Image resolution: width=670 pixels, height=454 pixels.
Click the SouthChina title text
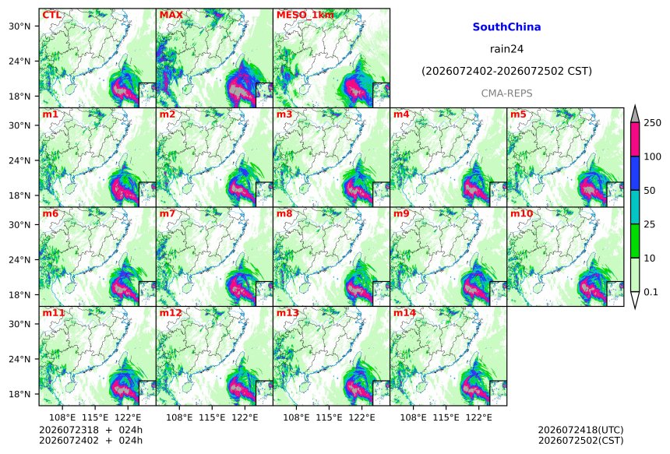pyautogui.click(x=506, y=27)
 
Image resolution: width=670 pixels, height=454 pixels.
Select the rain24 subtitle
pyautogui.click(x=506, y=49)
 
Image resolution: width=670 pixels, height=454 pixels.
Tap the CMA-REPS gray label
pyautogui.click(x=506, y=93)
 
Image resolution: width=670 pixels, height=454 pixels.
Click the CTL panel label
pyautogui.click(x=51, y=15)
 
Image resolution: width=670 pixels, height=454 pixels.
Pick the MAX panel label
pyautogui.click(x=171, y=15)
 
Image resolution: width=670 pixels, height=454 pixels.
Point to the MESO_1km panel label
pyautogui.click(x=305, y=15)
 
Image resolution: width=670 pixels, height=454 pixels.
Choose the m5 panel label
pyautogui.click(x=518, y=114)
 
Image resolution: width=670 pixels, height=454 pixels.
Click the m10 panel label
pyautogui.click(x=521, y=213)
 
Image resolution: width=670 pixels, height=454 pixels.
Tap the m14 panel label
pyautogui.click(x=404, y=313)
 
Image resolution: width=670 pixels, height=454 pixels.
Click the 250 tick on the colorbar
pyautogui.click(x=651, y=123)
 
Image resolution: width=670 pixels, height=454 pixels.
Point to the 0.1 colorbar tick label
pyautogui.click(x=651, y=292)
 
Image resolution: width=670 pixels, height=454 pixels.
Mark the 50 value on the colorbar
pyautogui.click(x=649, y=191)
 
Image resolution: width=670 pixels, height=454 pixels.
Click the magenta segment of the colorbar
pyautogui.click(x=636, y=139)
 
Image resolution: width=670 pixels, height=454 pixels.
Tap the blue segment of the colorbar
pyautogui.click(x=636, y=173)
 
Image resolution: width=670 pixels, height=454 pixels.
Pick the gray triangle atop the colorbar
pyautogui.click(x=636, y=114)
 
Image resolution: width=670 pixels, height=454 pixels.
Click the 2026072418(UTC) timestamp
pyautogui.click(x=580, y=430)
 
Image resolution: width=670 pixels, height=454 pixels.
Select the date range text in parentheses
pyautogui.click(x=506, y=72)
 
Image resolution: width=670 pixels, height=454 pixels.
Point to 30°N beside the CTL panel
pyautogui.click(x=19, y=26)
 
